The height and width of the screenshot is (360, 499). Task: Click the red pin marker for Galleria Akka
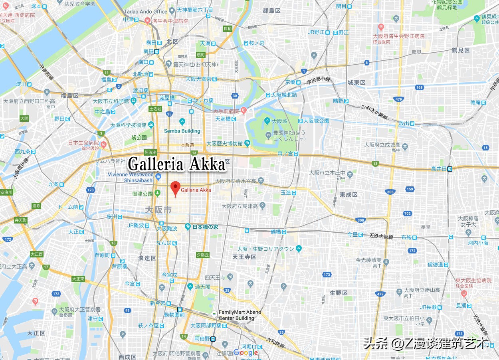click(x=175, y=188)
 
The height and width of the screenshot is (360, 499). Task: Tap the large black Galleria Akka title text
click(x=177, y=164)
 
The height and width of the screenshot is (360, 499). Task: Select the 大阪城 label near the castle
click(x=279, y=121)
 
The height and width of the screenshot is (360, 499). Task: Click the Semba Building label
click(x=182, y=131)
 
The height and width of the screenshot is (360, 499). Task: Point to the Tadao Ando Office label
click(x=145, y=12)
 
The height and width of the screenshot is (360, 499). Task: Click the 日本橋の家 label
click(x=205, y=227)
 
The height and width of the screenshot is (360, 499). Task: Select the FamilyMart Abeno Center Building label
click(x=240, y=315)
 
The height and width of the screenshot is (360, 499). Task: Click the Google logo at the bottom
click(x=246, y=352)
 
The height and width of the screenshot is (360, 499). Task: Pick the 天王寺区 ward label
click(x=244, y=257)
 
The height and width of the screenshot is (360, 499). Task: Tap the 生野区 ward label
click(x=339, y=293)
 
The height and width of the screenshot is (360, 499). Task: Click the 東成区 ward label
click(x=349, y=194)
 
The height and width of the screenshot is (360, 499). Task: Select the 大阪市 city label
click(x=158, y=210)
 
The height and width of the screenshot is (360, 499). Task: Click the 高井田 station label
click(x=439, y=169)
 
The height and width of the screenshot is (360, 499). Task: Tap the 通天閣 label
click(x=202, y=287)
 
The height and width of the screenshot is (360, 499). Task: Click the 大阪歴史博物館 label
click(x=224, y=143)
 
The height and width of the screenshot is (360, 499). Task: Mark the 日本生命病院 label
click(x=83, y=142)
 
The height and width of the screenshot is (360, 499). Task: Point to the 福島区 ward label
click(x=69, y=96)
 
